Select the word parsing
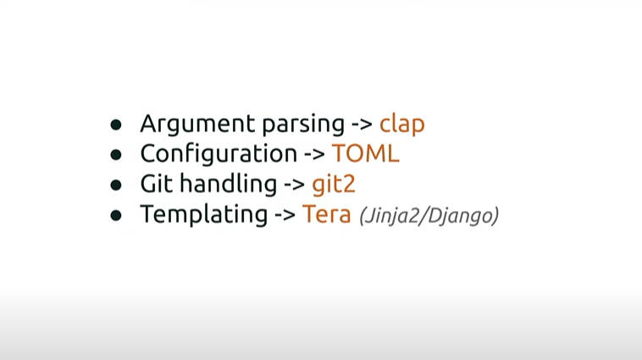303,125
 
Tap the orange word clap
402,125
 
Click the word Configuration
219,153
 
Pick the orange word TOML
365,153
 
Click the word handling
228,184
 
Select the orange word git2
334,184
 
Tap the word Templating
204,214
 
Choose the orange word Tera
327,213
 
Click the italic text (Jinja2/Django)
429,215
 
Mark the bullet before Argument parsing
116,125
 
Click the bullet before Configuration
116,155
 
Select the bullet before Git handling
116,186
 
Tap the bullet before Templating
116,215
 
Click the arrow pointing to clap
362,125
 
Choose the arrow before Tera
285,215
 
